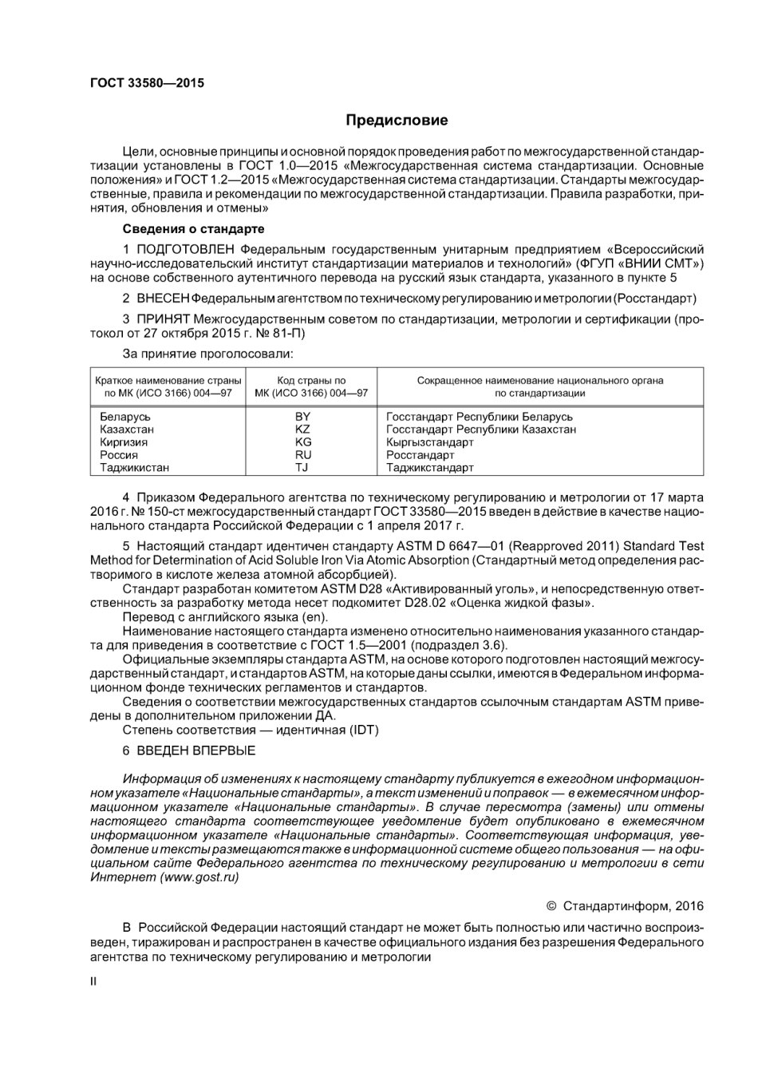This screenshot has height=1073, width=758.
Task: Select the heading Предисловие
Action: click(397, 121)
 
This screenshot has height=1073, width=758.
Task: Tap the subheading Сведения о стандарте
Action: click(193, 229)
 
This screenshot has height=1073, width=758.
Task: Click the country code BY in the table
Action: click(302, 417)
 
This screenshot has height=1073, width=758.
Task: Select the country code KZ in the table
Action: click(302, 430)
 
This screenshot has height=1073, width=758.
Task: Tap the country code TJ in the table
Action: click(302, 468)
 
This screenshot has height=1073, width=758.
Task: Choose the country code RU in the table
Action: click(302, 455)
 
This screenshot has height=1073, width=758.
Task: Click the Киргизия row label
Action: click(124, 442)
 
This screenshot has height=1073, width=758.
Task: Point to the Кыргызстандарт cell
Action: click(430, 442)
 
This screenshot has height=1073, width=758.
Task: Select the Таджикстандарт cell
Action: click(430, 468)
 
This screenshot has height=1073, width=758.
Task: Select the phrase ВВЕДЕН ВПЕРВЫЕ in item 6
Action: click(196, 750)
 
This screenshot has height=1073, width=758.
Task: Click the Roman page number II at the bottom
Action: click(93, 981)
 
